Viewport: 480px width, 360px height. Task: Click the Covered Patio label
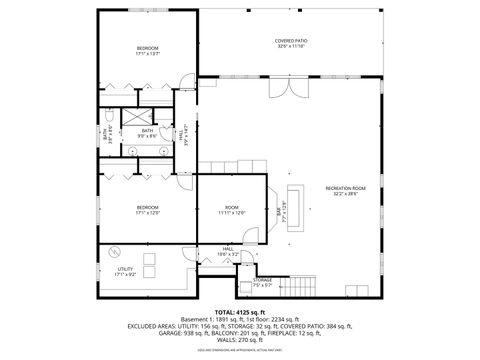coord(291,44)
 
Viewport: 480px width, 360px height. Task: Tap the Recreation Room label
coord(345,190)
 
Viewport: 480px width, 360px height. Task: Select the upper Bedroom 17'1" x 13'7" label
coord(148,51)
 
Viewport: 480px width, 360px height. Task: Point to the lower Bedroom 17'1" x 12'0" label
coord(148,209)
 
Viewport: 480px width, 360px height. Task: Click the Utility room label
coord(125,271)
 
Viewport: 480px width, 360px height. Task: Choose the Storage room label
coord(262,282)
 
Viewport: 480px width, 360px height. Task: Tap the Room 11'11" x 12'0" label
coord(232,209)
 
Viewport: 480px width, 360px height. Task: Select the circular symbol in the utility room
coord(115,251)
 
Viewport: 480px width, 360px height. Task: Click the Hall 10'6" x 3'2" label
coord(228,251)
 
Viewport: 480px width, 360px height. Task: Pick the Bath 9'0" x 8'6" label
coord(147,132)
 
